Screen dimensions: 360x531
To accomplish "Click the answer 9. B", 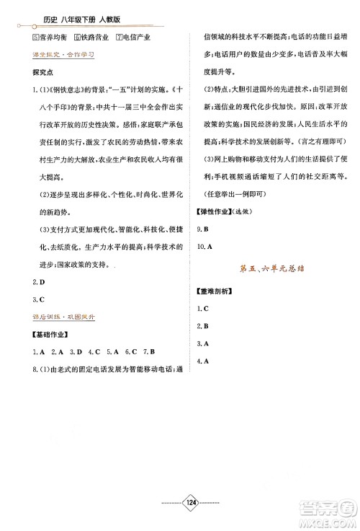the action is [202, 228].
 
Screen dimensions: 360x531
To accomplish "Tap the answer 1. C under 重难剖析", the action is [202, 308].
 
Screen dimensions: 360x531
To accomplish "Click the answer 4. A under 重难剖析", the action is [202, 360].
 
